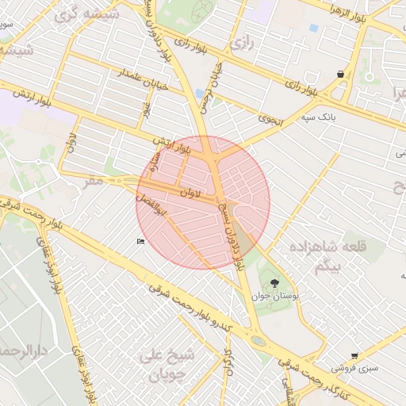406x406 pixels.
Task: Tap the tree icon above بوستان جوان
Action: coord(274,283)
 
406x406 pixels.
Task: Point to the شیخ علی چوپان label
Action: coord(166,364)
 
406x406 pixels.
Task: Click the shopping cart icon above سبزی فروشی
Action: coord(354,357)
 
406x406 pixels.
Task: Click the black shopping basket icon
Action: coord(340,75)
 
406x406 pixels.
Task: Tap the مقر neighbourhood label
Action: coord(94,181)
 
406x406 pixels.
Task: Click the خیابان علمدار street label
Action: coord(142,80)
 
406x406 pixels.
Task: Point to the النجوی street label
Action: coord(270,120)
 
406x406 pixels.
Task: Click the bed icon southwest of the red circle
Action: coord(140,242)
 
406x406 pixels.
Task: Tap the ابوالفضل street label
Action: coord(154,210)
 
